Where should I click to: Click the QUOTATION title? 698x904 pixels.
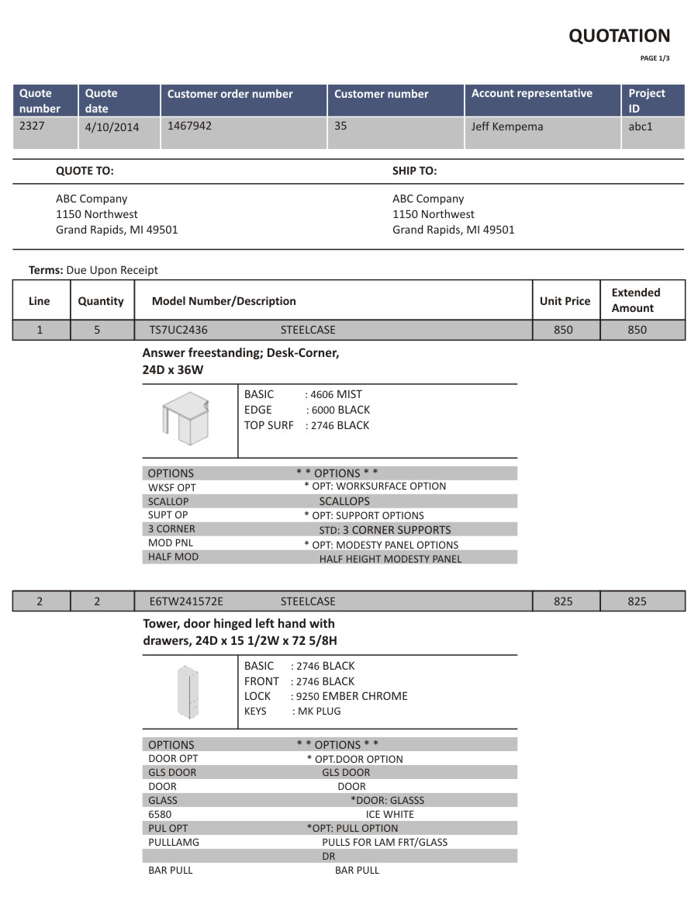pyautogui.click(x=619, y=36)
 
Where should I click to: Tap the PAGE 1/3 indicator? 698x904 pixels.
pyautogui.click(x=655, y=58)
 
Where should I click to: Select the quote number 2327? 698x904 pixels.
pyautogui.click(x=32, y=125)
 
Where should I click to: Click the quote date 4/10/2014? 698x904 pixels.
pyautogui.click(x=112, y=127)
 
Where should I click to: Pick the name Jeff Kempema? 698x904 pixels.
pyautogui.click(x=507, y=126)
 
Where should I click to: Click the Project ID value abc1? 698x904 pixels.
pyautogui.click(x=641, y=126)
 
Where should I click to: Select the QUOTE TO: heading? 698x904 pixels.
pyautogui.click(x=85, y=171)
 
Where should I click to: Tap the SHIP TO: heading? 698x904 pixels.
pyautogui.click(x=414, y=171)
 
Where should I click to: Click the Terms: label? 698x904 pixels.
pyautogui.click(x=46, y=270)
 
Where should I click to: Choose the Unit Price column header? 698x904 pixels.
pyautogui.click(x=565, y=301)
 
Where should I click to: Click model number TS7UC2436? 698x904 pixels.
pyautogui.click(x=178, y=330)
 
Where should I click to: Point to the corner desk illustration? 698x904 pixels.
pyautogui.click(x=187, y=418)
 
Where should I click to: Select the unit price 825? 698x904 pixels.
pyautogui.click(x=563, y=601)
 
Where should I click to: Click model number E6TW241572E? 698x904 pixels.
pyautogui.click(x=185, y=601)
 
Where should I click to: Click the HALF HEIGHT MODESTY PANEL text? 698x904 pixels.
pyautogui.click(x=390, y=559)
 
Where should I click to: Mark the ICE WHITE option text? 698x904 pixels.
pyautogui.click(x=390, y=814)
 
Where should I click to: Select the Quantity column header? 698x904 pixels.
pyautogui.click(x=101, y=301)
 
